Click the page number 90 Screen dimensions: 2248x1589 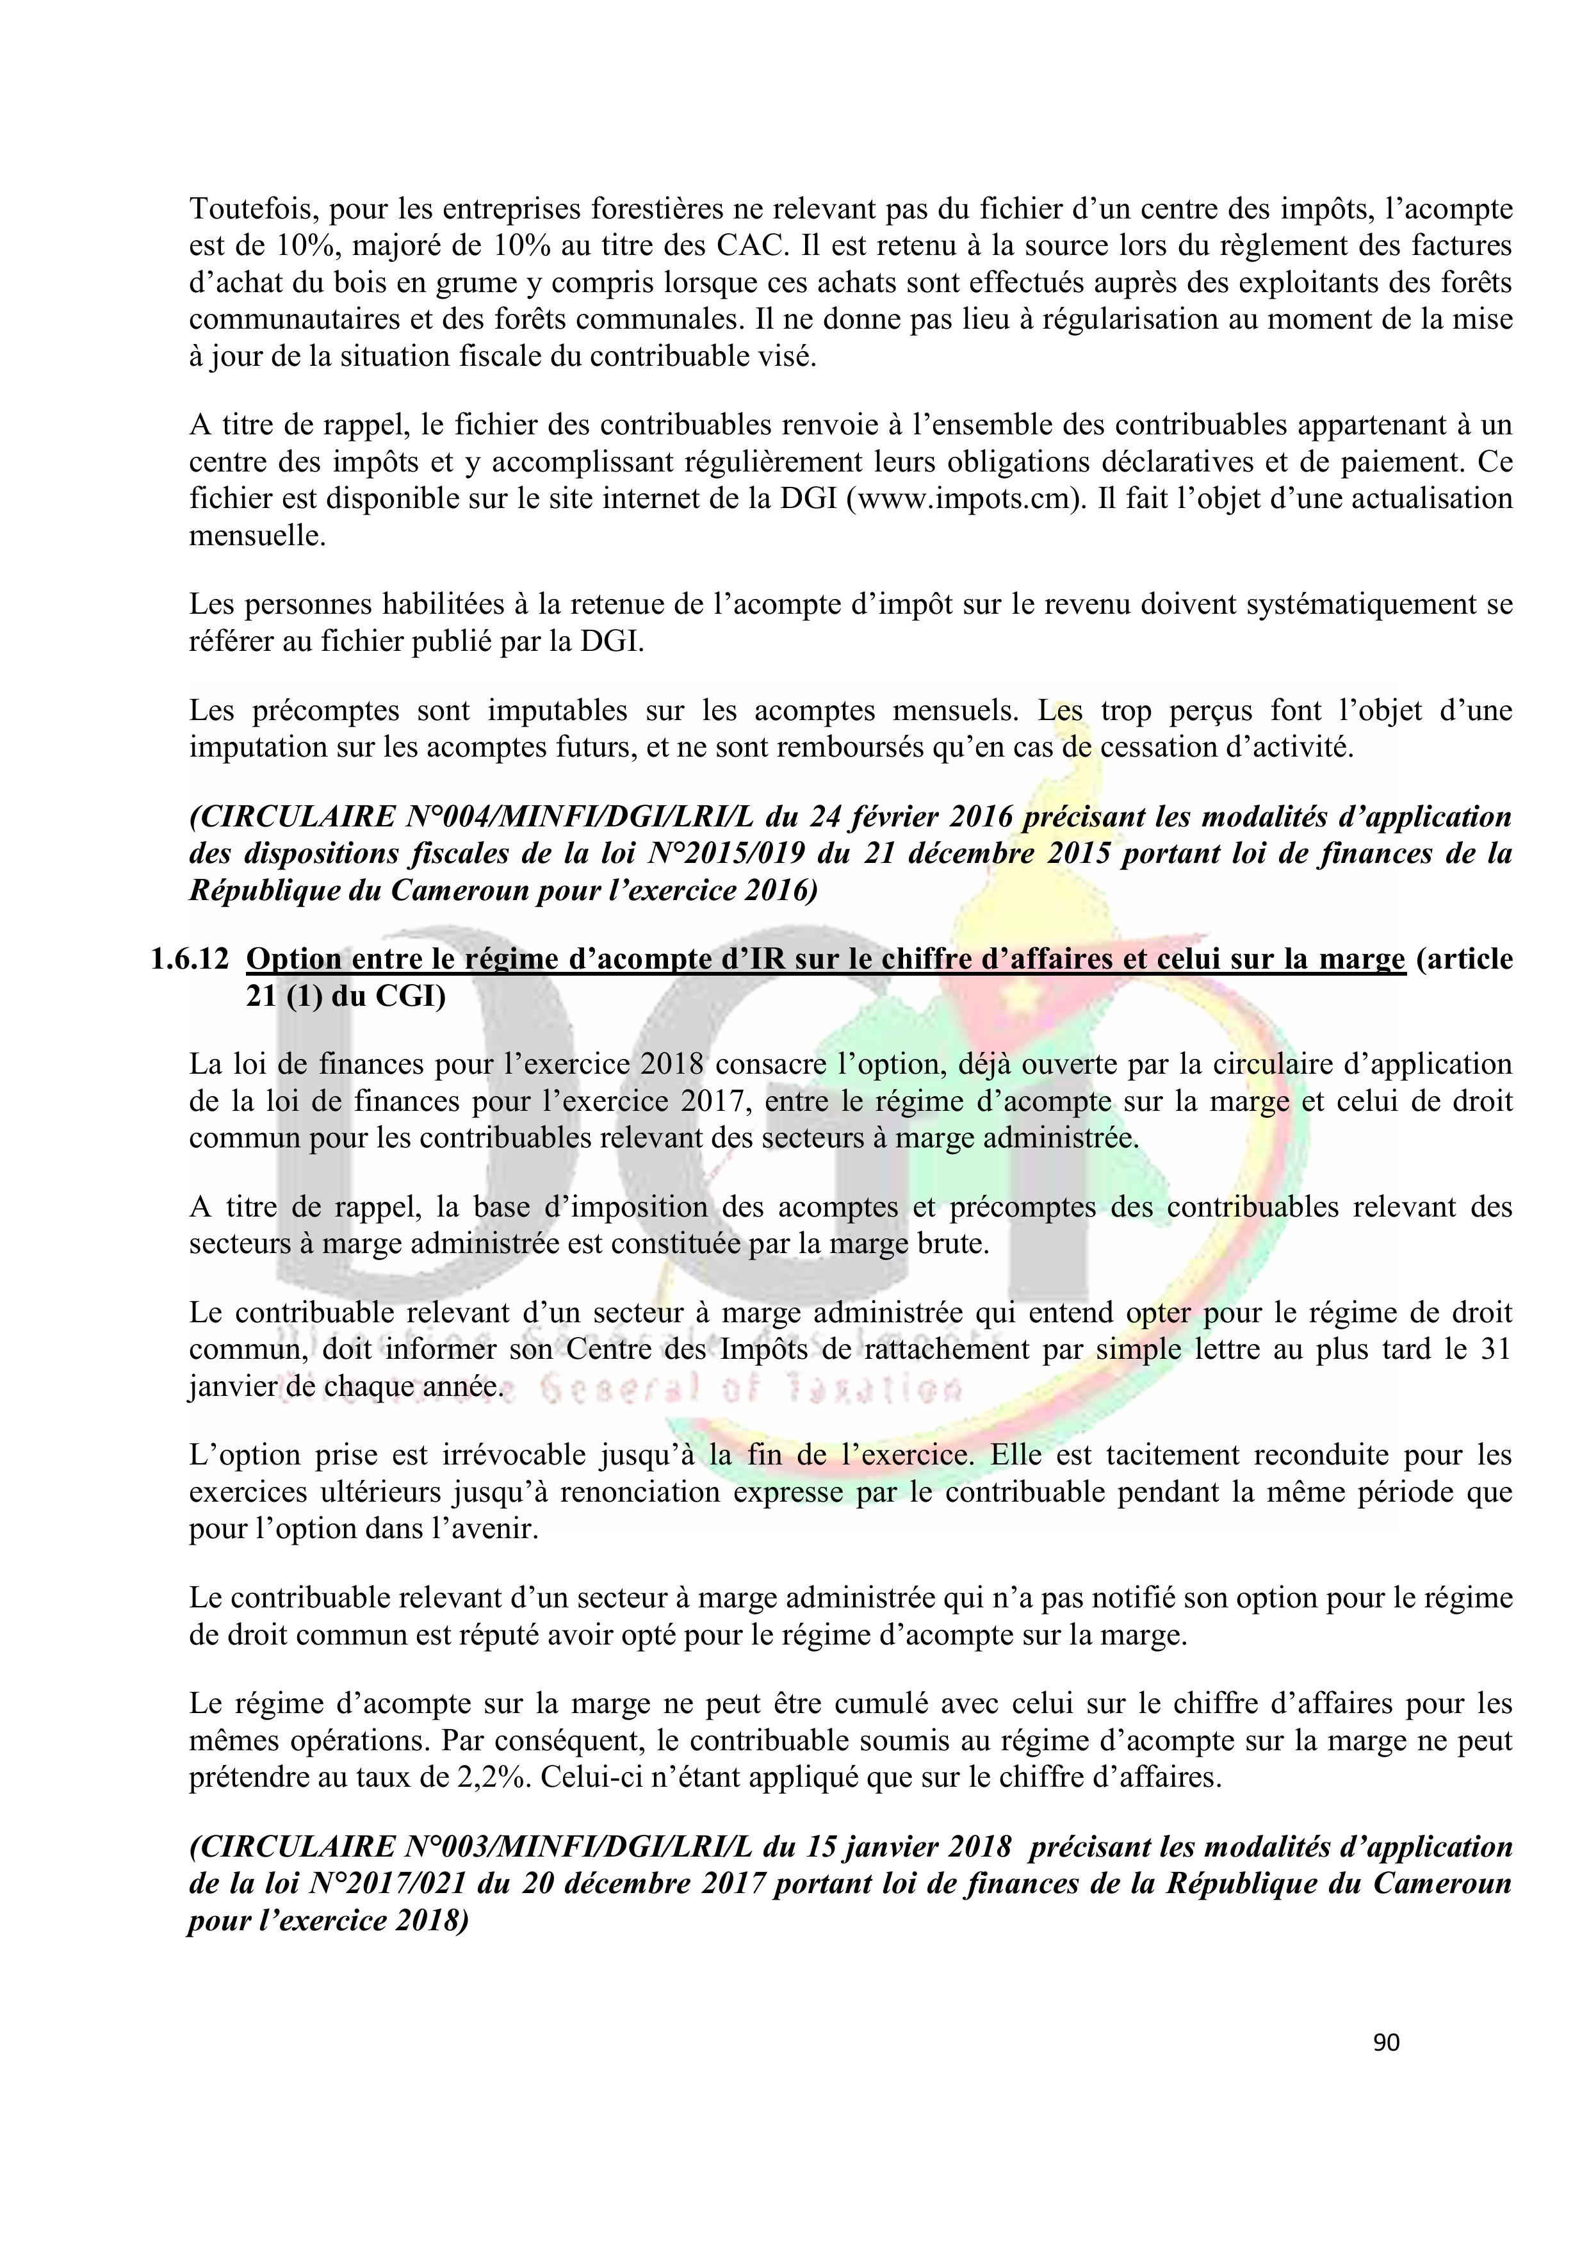click(1387, 2042)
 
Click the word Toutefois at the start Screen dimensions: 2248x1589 click(252, 209)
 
